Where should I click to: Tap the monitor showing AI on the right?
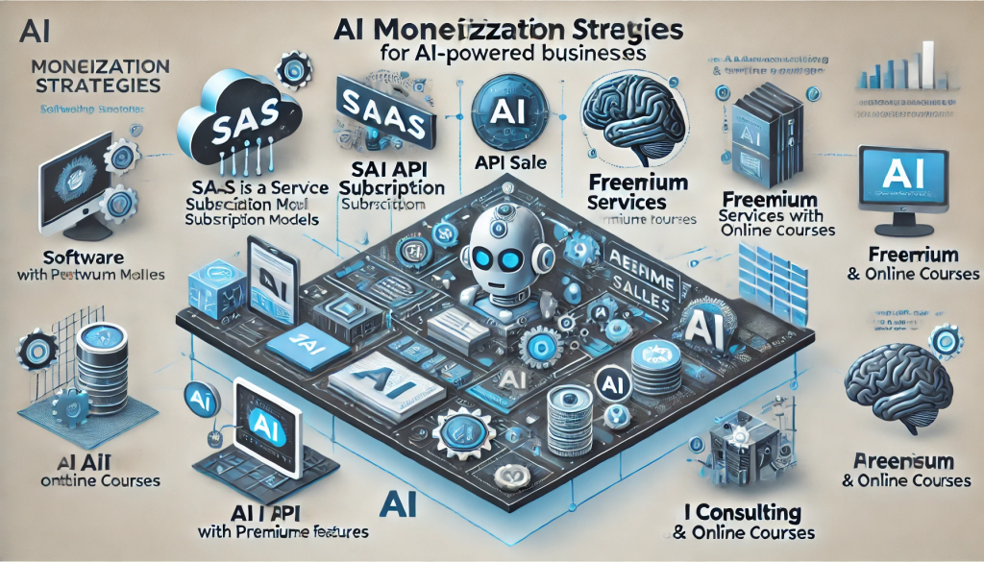coord(913,182)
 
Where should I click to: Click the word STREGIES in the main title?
coord(633,30)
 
